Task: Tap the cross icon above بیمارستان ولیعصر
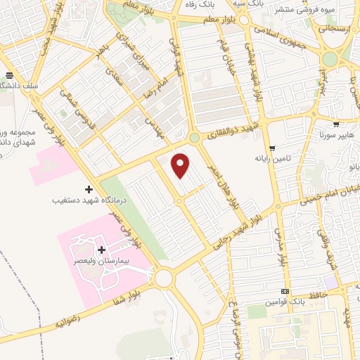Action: point(101,250)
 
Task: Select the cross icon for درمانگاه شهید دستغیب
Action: point(89,189)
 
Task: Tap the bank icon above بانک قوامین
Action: point(285,292)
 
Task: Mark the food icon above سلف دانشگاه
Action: point(9,75)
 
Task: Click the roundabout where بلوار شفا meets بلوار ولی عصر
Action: point(165,278)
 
